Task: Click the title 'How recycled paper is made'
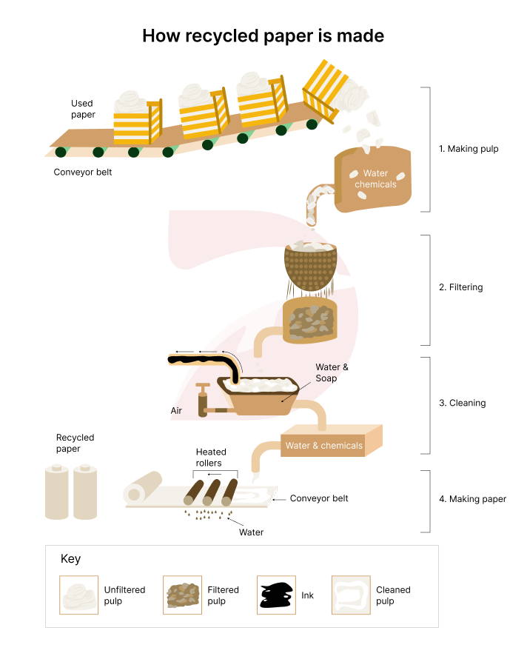tap(263, 36)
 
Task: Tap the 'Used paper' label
tap(83, 109)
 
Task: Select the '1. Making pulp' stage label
tap(469, 149)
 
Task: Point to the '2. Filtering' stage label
tap(461, 287)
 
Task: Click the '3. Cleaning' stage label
tap(462, 404)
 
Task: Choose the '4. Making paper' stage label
tap(472, 499)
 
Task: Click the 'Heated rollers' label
tap(211, 458)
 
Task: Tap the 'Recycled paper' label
tap(75, 443)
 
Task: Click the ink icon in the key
tap(276, 595)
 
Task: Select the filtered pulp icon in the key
tap(182, 595)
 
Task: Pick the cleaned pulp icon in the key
tap(351, 595)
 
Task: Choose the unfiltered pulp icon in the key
tap(78, 595)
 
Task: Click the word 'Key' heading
tap(70, 559)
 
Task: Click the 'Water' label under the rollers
tap(251, 532)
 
